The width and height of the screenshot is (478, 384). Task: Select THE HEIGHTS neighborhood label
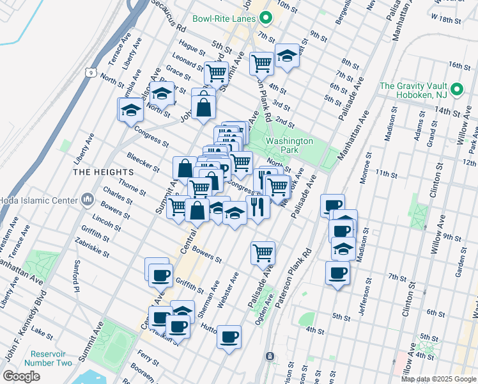coord(103,172)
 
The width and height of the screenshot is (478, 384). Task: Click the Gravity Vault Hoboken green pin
coord(457,89)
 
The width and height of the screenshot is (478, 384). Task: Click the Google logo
coord(22,376)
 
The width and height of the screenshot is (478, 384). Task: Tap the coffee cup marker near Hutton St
coord(229,337)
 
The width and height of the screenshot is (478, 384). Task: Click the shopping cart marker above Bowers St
coord(263,252)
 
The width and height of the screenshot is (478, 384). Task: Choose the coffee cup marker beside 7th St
coord(337,273)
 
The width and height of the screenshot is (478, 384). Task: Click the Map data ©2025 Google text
coord(438,378)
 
